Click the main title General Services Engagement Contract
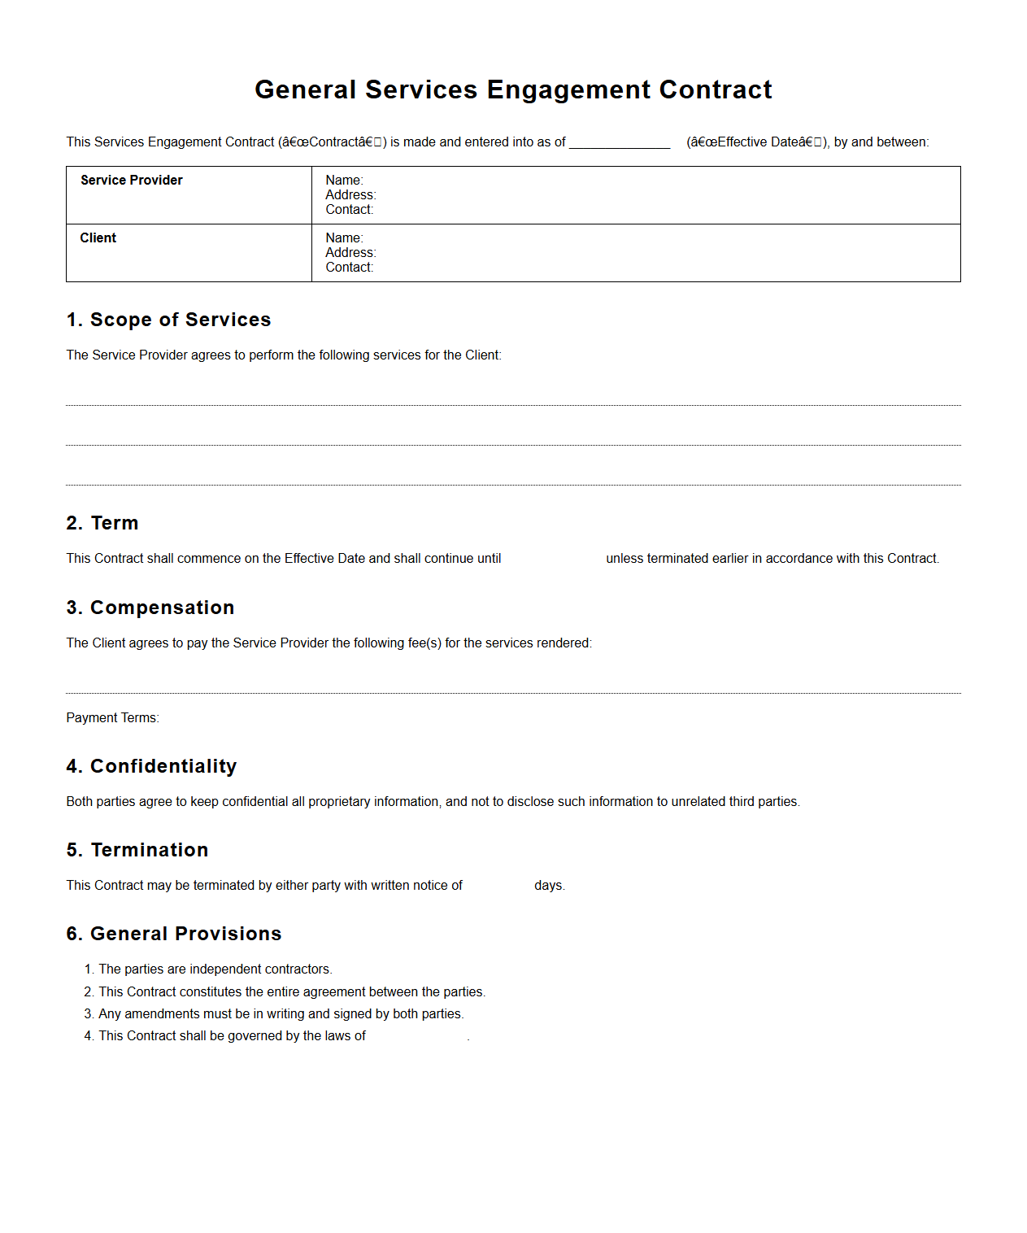click(x=513, y=89)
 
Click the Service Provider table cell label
click(x=132, y=180)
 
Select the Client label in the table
click(x=98, y=237)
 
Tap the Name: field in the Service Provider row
click(x=344, y=180)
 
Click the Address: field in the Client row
click(x=350, y=252)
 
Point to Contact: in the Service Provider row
click(x=349, y=209)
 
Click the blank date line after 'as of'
click(x=619, y=142)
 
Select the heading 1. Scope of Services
click(x=168, y=320)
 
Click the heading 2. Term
click(x=102, y=523)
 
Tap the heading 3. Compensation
click(x=150, y=608)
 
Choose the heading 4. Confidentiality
click(x=151, y=766)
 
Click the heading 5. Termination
click(x=137, y=850)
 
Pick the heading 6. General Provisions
click(x=174, y=934)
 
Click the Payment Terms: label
click(x=112, y=717)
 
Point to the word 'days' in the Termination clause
click(x=548, y=885)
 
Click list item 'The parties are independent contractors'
click(x=215, y=969)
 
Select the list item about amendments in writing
click(x=281, y=1013)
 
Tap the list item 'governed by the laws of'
click(x=232, y=1035)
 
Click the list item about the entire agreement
click(x=291, y=991)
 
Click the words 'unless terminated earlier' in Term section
click(x=677, y=558)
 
